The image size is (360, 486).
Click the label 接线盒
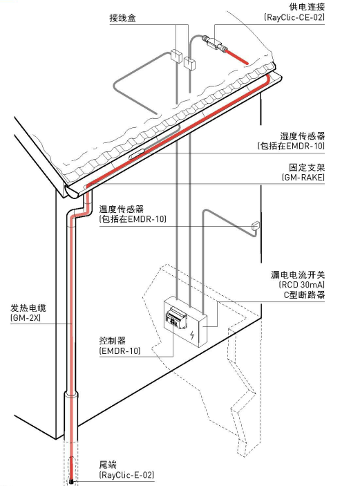click(123, 18)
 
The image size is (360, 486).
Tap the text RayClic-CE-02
click(294, 17)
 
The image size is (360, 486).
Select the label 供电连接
click(307, 7)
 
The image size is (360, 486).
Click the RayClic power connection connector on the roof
click(214, 42)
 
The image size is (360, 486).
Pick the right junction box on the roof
click(189, 63)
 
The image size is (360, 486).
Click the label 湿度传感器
click(303, 135)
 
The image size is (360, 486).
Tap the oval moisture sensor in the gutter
click(137, 154)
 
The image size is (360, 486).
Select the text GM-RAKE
click(303, 177)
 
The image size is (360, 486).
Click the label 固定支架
click(307, 168)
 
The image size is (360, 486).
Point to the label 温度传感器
click(122, 209)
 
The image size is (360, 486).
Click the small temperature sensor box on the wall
click(256, 225)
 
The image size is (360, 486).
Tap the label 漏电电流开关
click(298, 274)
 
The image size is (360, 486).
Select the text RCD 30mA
click(302, 285)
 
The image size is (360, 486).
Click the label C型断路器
click(304, 295)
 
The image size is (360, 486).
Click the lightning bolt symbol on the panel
click(193, 335)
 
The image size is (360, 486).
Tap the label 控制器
click(113, 341)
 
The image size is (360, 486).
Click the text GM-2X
click(26, 318)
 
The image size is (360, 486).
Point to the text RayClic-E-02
click(126, 475)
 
